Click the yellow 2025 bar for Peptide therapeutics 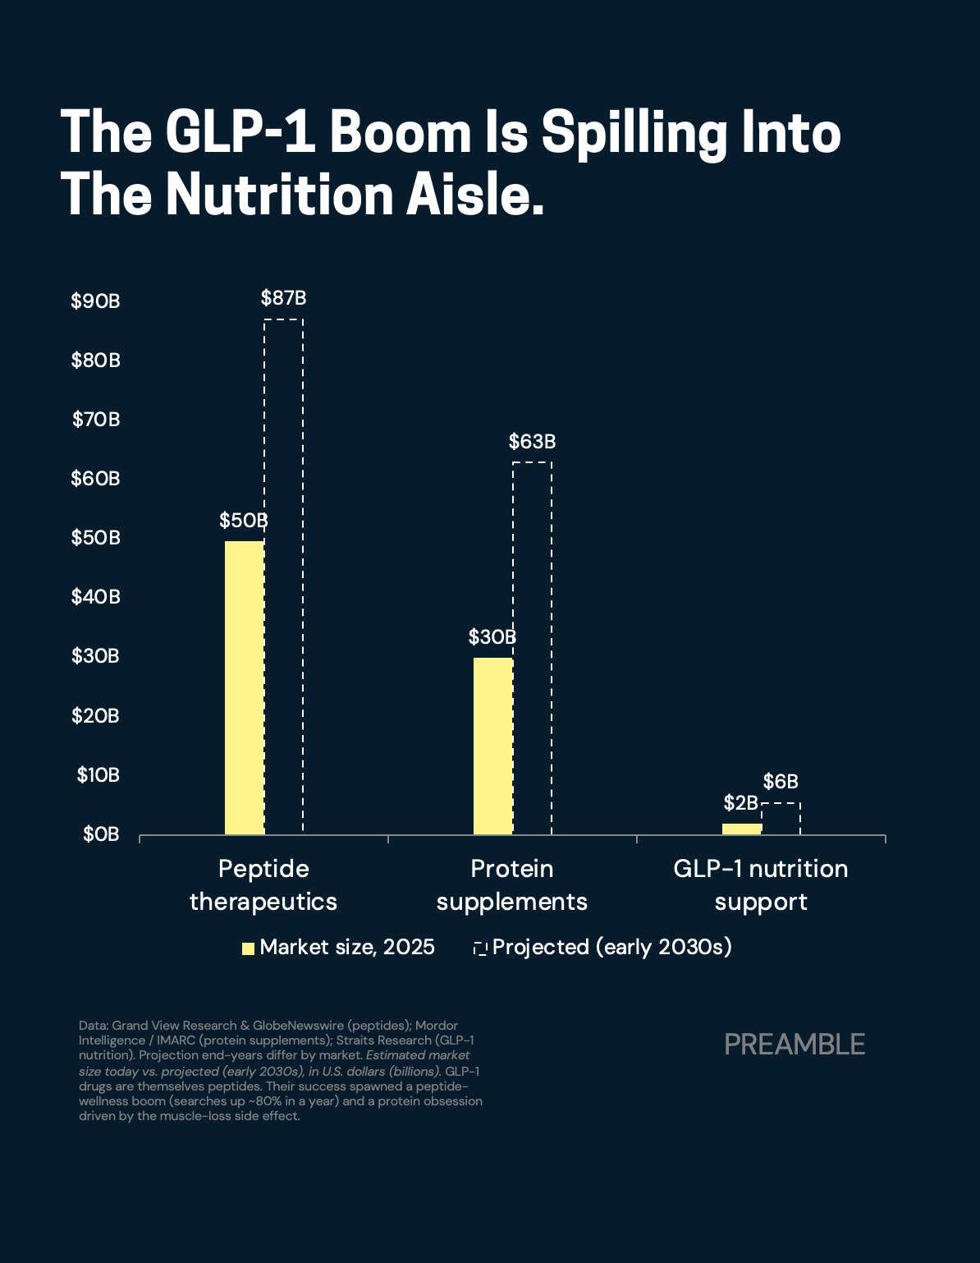click(x=245, y=687)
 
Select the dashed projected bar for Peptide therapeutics click(x=283, y=576)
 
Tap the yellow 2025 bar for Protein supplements click(x=493, y=746)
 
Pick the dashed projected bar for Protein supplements click(x=532, y=648)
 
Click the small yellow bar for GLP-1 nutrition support click(x=742, y=829)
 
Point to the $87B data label click(x=283, y=298)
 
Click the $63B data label click(x=532, y=442)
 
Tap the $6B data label click(x=781, y=782)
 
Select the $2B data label click(x=740, y=803)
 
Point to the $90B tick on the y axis click(x=95, y=301)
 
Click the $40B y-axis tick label click(x=95, y=597)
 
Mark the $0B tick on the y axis click(x=101, y=834)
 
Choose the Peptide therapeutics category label click(x=263, y=885)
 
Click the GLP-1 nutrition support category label click(x=760, y=885)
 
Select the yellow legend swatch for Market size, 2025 click(x=248, y=948)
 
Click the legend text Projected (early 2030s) click(x=611, y=948)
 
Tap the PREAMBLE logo click(x=795, y=1045)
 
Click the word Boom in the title click(x=401, y=132)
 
